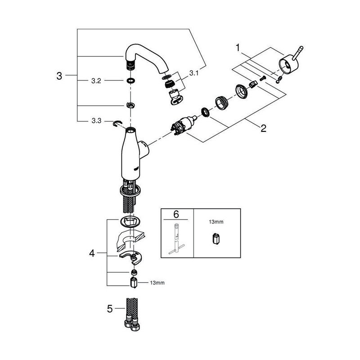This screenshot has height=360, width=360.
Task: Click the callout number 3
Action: point(59,76)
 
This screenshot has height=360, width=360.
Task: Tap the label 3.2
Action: point(96,81)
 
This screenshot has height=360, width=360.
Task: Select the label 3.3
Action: point(96,121)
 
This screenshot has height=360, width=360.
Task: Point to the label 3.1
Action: point(194,73)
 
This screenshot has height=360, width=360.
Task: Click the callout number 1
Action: point(238,48)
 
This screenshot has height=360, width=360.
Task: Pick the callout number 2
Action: point(263,128)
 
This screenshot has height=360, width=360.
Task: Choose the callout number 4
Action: point(92,253)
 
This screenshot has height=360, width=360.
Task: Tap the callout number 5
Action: point(110,309)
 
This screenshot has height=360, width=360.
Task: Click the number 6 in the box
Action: point(176,214)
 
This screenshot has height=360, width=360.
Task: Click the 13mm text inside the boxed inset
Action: point(216,222)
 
